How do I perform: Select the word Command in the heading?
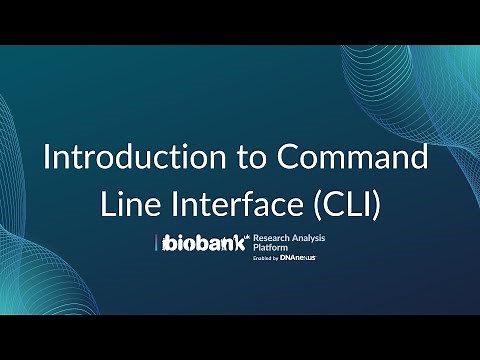tap(351, 159)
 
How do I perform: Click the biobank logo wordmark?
tap(203, 244)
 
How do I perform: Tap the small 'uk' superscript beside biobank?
tap(250, 236)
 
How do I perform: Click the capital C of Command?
tap(286, 159)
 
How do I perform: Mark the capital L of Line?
tap(108, 203)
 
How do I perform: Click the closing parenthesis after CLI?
tap(385, 204)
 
